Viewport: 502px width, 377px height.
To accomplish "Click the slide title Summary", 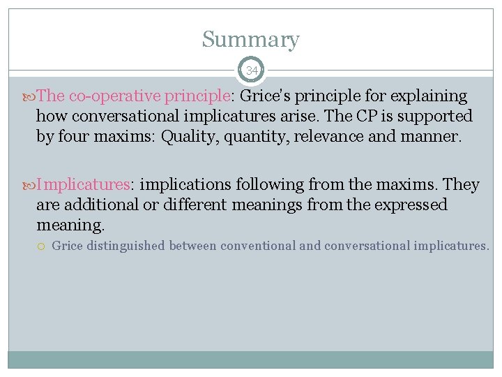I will [x=250, y=40].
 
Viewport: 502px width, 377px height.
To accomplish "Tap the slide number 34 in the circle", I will [x=251, y=71].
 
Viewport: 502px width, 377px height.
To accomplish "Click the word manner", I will [x=430, y=136].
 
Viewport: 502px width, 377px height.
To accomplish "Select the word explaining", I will [x=427, y=96].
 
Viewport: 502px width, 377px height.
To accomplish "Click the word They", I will [x=462, y=184].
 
